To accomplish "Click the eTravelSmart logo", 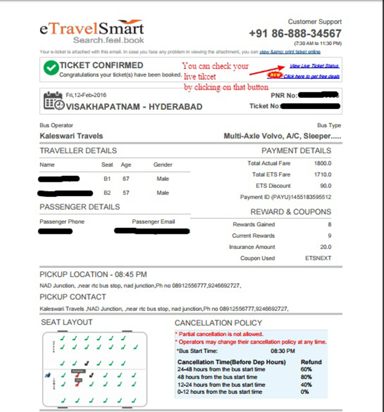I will pyautogui.click(x=92, y=31).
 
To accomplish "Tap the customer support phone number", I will pyautogui.click(x=295, y=34).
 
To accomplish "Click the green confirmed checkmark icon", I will pyautogui.click(x=50, y=69).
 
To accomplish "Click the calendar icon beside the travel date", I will pyautogui.click(x=53, y=101).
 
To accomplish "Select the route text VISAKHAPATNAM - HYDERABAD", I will pyautogui.click(x=134, y=106).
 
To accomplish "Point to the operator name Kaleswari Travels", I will pyautogui.click(x=71, y=136).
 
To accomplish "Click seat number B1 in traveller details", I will pyautogui.click(x=108, y=179).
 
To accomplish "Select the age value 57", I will pyautogui.click(x=126, y=193).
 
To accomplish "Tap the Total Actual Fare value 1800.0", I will pyautogui.click(x=323, y=163).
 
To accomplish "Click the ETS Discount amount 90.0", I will pyautogui.click(x=325, y=186).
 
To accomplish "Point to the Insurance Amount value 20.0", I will pyautogui.click(x=325, y=247).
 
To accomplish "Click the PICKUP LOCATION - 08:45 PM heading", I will pyautogui.click(x=93, y=275).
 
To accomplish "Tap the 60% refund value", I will pyautogui.click(x=306, y=369).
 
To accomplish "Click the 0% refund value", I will pyautogui.click(x=304, y=392).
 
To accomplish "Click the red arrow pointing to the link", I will pyautogui.click(x=269, y=70).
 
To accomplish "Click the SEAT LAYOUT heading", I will pyautogui.click(x=67, y=322).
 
